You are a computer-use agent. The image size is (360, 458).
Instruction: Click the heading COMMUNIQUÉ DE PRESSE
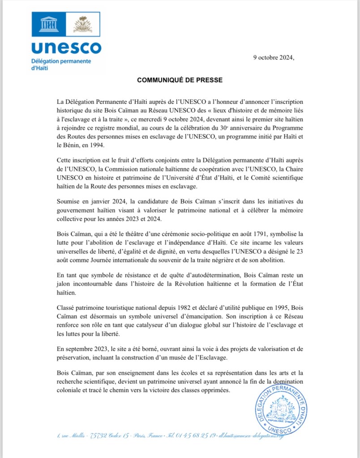tap(180, 80)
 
